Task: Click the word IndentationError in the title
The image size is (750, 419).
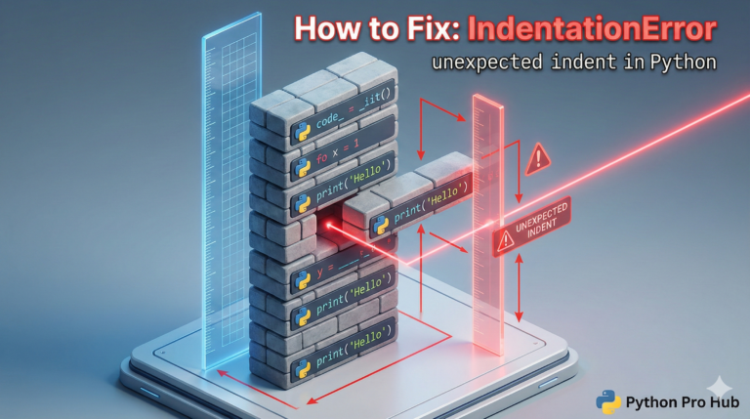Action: [592, 29]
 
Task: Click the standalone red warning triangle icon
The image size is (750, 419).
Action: [538, 157]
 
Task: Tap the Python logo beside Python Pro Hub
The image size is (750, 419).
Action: [608, 400]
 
